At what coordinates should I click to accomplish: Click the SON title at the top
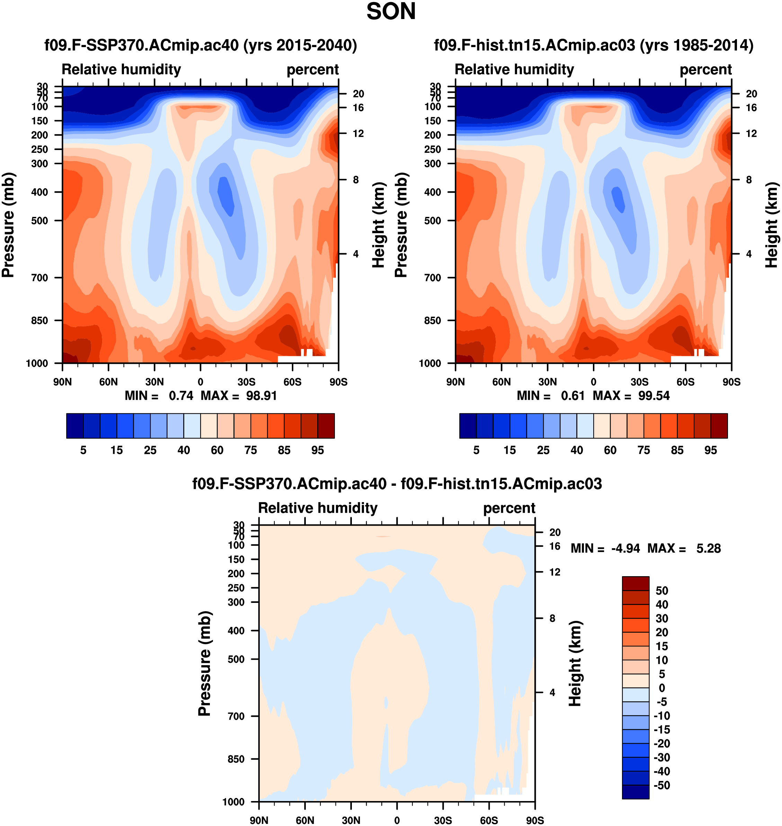(391, 12)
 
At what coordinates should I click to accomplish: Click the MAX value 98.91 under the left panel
(261, 396)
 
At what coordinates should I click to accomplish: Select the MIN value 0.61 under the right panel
(572, 396)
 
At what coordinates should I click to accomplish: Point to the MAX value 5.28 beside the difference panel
(708, 548)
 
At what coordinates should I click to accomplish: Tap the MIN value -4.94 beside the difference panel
(625, 548)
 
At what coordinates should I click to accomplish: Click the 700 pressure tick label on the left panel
(39, 278)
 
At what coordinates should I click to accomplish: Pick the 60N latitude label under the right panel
(501, 382)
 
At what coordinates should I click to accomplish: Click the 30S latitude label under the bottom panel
(443, 820)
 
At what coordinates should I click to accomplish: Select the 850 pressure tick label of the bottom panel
(236, 759)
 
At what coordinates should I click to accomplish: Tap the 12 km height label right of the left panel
(358, 133)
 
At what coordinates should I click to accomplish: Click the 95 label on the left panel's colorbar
(318, 450)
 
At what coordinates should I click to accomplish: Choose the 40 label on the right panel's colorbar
(577, 450)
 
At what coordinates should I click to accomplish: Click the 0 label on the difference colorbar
(661, 688)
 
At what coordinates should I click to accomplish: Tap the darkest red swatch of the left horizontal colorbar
(326, 426)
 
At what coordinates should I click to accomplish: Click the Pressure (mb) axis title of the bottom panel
(205, 663)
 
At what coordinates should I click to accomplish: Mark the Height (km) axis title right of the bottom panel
(575, 663)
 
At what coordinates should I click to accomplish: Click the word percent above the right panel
(705, 70)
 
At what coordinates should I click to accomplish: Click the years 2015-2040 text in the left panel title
(300, 45)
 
